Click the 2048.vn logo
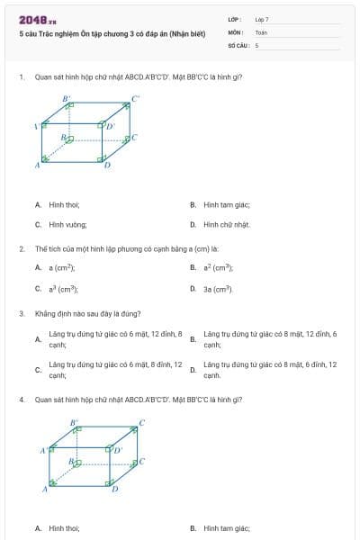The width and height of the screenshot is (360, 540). (x=36, y=20)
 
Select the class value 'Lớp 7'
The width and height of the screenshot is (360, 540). (x=262, y=19)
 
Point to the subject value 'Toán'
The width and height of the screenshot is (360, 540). (x=261, y=31)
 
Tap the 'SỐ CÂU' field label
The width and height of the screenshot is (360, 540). (x=238, y=44)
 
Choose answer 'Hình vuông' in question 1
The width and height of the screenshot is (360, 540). (x=68, y=224)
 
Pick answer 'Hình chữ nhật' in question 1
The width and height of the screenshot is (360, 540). (x=226, y=224)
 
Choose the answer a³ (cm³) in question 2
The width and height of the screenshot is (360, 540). (x=63, y=289)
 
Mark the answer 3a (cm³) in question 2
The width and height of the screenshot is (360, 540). (x=219, y=289)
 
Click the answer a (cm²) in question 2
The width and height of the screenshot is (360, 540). (x=62, y=267)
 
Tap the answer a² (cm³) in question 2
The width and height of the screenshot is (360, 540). (x=219, y=267)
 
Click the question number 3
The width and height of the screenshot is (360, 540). (x=22, y=314)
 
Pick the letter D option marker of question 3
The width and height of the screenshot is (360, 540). (x=193, y=370)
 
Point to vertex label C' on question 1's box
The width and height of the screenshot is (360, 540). (x=136, y=99)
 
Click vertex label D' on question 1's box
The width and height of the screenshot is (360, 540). (x=111, y=126)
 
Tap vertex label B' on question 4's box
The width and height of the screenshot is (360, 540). (x=76, y=420)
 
